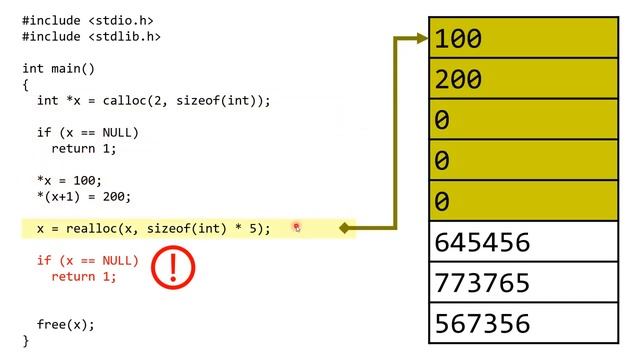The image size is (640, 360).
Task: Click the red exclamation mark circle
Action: click(173, 267)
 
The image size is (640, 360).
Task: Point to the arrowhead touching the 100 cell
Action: click(421, 40)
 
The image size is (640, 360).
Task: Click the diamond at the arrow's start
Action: click(345, 228)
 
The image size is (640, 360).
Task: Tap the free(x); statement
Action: click(66, 324)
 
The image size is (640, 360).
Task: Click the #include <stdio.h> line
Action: click(88, 20)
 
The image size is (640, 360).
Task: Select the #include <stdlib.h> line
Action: click(91, 36)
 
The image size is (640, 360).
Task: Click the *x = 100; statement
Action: click(69, 180)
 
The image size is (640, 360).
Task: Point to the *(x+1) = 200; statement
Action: click(84, 196)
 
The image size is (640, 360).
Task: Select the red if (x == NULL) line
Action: click(88, 260)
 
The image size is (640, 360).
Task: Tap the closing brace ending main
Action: click(26, 340)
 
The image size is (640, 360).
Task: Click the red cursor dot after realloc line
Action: click(296, 228)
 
